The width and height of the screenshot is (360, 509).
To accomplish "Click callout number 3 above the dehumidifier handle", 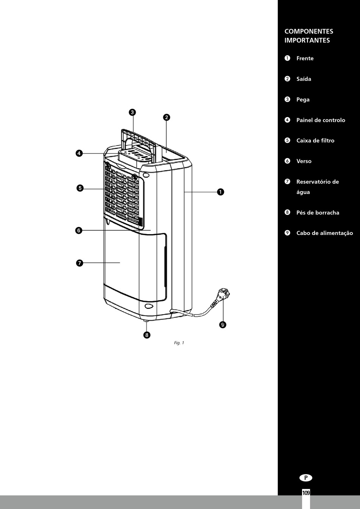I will (132, 112).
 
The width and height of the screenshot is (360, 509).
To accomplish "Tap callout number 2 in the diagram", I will (166, 117).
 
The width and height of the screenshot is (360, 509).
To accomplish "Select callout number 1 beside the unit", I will (221, 192).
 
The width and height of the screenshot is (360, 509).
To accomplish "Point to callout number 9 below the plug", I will (222, 324).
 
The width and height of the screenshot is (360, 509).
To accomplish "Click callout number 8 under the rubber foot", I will (147, 335).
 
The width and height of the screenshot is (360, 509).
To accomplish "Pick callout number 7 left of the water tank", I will (79, 263).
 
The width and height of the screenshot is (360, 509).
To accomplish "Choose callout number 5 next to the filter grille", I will (80, 188).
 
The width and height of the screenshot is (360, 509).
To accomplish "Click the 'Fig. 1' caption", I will (179, 343).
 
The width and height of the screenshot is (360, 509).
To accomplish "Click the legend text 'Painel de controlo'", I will (321, 120).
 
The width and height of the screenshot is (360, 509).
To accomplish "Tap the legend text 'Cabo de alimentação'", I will (324, 233).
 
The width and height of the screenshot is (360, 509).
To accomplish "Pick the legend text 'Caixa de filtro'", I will (315, 141).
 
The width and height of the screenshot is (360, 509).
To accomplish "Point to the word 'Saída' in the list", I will (304, 79).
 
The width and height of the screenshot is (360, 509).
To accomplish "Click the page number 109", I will (306, 493).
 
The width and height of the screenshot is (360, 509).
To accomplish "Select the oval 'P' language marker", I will (306, 478).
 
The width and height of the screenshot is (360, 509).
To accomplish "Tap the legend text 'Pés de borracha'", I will (318, 213).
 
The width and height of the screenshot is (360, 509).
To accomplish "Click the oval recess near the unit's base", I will (149, 306).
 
